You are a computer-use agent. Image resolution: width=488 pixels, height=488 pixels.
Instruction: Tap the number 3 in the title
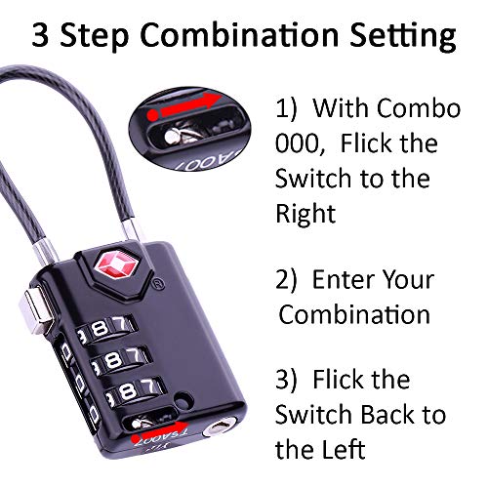40,35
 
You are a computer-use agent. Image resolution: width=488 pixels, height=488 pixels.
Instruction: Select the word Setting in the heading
403,37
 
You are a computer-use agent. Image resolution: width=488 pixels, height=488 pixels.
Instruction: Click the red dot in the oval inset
153,113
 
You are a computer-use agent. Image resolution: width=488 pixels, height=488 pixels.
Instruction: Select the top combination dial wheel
105,328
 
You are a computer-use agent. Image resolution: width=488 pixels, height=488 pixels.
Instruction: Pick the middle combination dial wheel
119,360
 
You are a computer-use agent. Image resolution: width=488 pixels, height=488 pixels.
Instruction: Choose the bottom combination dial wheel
134,389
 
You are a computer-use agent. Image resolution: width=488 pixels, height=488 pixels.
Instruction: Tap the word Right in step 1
305,215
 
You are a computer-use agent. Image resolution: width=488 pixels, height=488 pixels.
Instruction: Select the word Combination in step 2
355,314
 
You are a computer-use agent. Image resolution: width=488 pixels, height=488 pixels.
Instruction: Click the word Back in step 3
389,414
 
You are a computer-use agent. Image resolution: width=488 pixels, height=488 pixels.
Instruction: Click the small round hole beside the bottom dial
183,398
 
